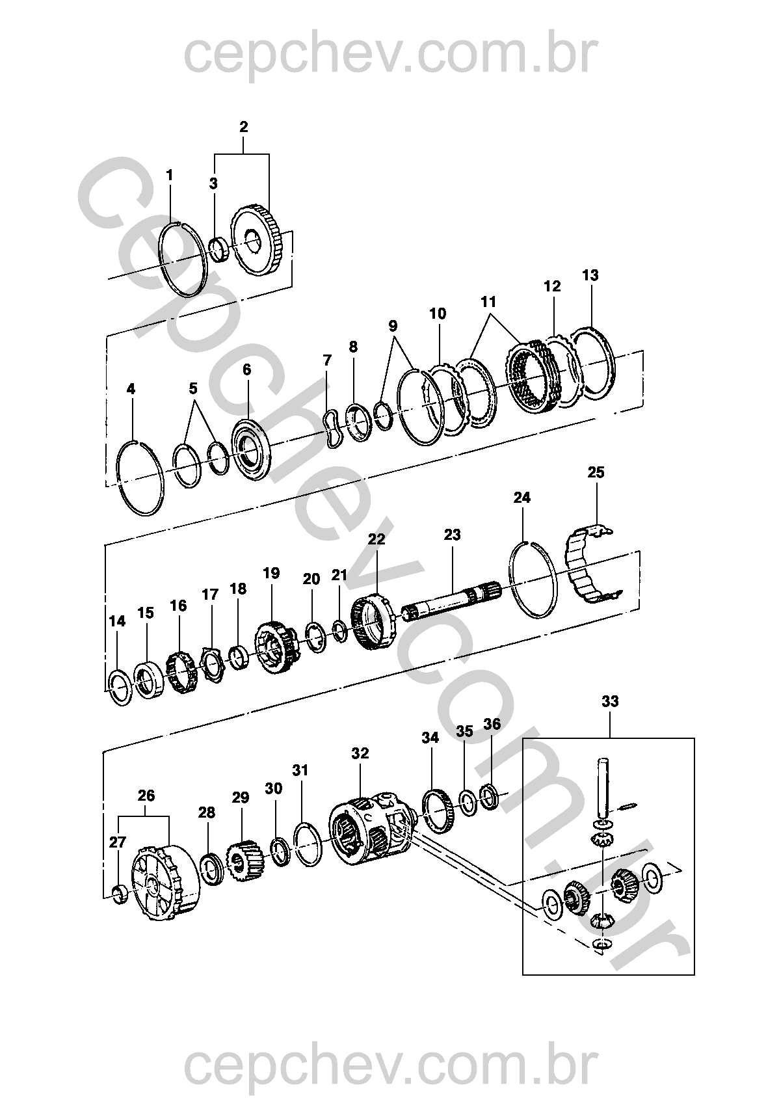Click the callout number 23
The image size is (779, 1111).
(452, 535)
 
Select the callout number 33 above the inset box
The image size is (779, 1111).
(610, 701)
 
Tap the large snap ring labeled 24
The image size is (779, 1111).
(532, 578)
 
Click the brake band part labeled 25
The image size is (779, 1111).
(588, 566)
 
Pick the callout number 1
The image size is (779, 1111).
(170, 175)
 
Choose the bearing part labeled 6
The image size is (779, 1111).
(250, 449)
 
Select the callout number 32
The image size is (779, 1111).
(360, 753)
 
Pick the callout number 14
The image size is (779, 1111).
(117, 621)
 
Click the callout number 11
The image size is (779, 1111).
(488, 302)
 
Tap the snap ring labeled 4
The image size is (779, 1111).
(140, 476)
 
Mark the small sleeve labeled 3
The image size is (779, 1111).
(218, 249)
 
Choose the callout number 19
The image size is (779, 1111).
(271, 573)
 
